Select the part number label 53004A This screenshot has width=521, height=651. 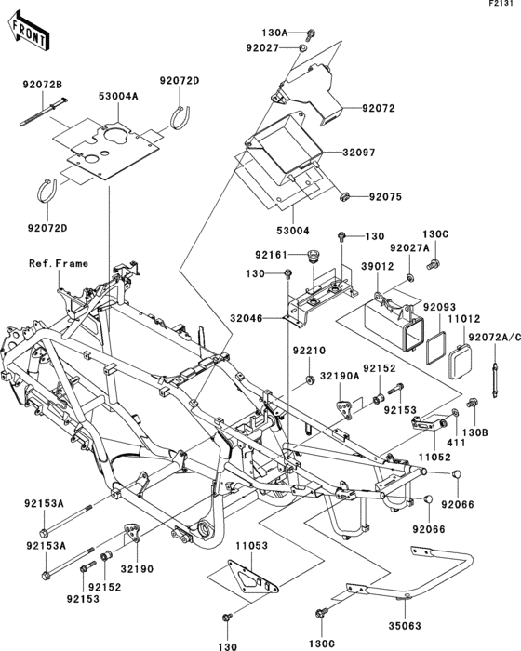coord(119,96)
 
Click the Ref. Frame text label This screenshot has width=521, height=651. coord(58,263)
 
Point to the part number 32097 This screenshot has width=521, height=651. coord(332,151)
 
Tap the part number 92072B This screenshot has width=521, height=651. coord(43,85)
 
